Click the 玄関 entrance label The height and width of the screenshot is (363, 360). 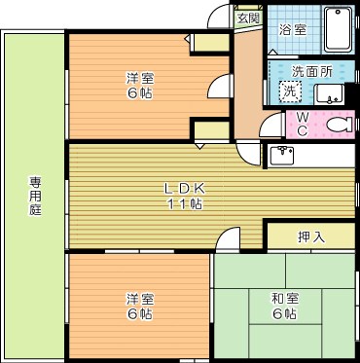click(248, 18)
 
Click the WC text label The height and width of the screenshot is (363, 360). click(302, 125)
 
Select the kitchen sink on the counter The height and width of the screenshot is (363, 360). click(284, 155)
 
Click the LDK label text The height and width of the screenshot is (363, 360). click(182, 188)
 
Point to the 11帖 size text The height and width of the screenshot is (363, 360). click(182, 203)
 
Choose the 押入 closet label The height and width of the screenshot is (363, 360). click(311, 236)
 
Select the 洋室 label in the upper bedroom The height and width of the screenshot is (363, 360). click(139, 78)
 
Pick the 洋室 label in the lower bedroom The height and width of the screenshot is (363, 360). click(138, 299)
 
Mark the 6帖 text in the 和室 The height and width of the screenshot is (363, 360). click(285, 315)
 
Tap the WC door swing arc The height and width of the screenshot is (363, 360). click(273, 123)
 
